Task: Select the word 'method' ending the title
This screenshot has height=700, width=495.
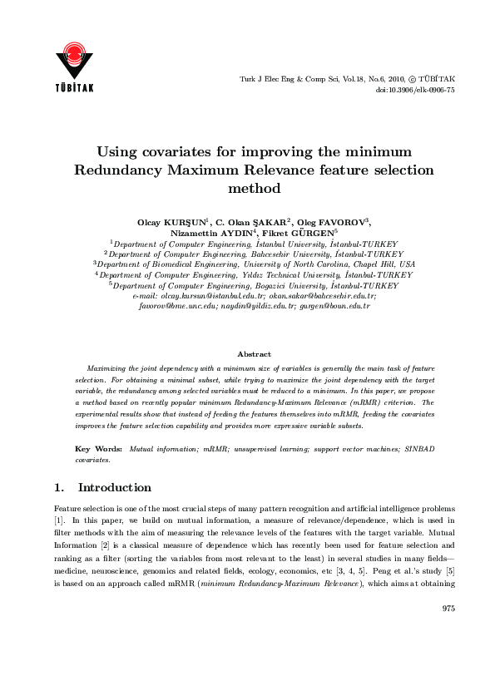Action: (x=254, y=189)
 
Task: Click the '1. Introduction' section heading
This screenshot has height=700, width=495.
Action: (x=102, y=487)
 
